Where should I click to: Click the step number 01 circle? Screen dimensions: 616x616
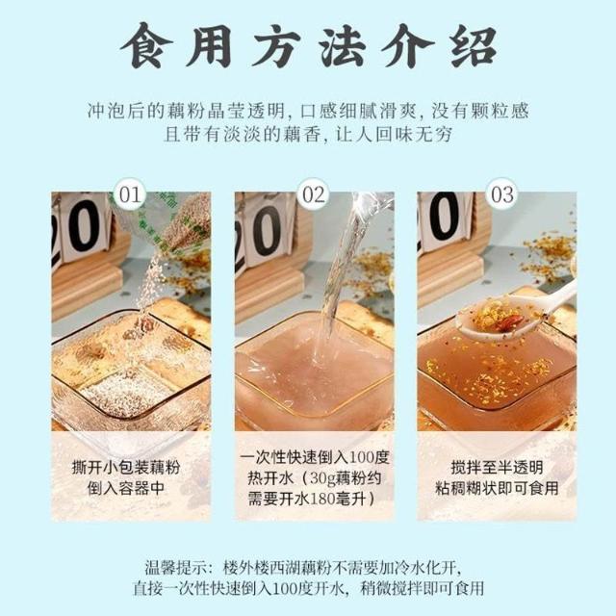click(x=130, y=194)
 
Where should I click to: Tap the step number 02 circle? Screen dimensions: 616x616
click(x=314, y=194)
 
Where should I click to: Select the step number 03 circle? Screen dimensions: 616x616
click(x=502, y=194)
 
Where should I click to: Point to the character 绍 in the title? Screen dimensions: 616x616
click(x=475, y=46)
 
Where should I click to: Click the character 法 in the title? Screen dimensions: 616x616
click(x=344, y=46)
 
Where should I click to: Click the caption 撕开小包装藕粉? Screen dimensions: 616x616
click(x=126, y=468)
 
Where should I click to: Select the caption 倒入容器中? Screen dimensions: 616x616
click(x=126, y=488)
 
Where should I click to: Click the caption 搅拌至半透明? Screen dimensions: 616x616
click(x=497, y=468)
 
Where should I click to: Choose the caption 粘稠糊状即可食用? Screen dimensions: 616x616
click(x=497, y=488)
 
